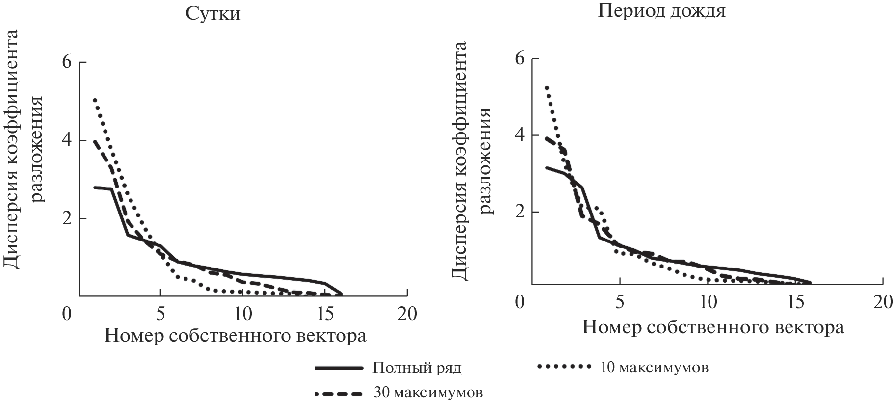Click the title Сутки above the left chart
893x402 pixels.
coord(213,14)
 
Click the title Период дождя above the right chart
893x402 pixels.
coord(661,11)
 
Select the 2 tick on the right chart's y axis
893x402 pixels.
coord(520,212)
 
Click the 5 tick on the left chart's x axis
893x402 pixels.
coord(160,313)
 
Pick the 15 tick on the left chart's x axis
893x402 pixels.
coord(324,313)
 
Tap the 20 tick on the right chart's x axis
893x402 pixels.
coord(881,302)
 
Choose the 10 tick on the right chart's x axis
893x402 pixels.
coord(708,302)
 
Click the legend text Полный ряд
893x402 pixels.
coord(417,368)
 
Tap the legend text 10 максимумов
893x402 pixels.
coord(654,367)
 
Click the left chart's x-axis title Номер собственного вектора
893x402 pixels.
coord(236,336)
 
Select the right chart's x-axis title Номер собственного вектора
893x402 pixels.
coord(713,327)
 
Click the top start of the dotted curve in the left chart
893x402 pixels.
coord(95,100)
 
